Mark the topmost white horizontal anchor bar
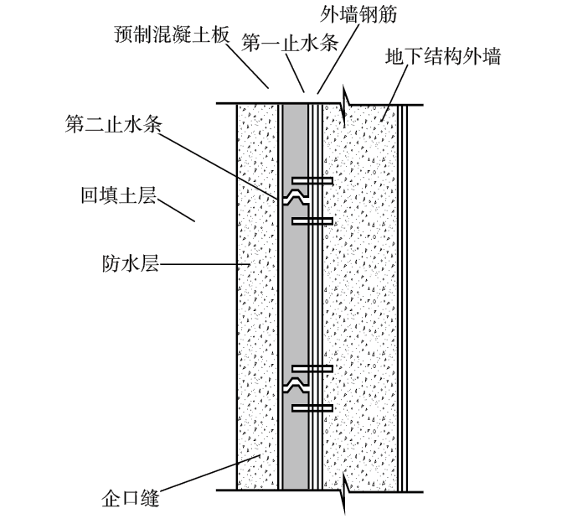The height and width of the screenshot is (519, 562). point(312,181)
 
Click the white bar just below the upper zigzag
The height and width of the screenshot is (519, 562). point(312,221)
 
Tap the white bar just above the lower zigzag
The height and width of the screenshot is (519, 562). point(312,368)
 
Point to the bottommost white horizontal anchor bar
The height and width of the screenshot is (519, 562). point(312,408)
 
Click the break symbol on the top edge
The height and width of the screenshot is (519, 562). point(345,106)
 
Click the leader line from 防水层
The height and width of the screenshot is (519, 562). point(205,266)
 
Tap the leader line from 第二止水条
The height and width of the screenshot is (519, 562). point(226,163)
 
